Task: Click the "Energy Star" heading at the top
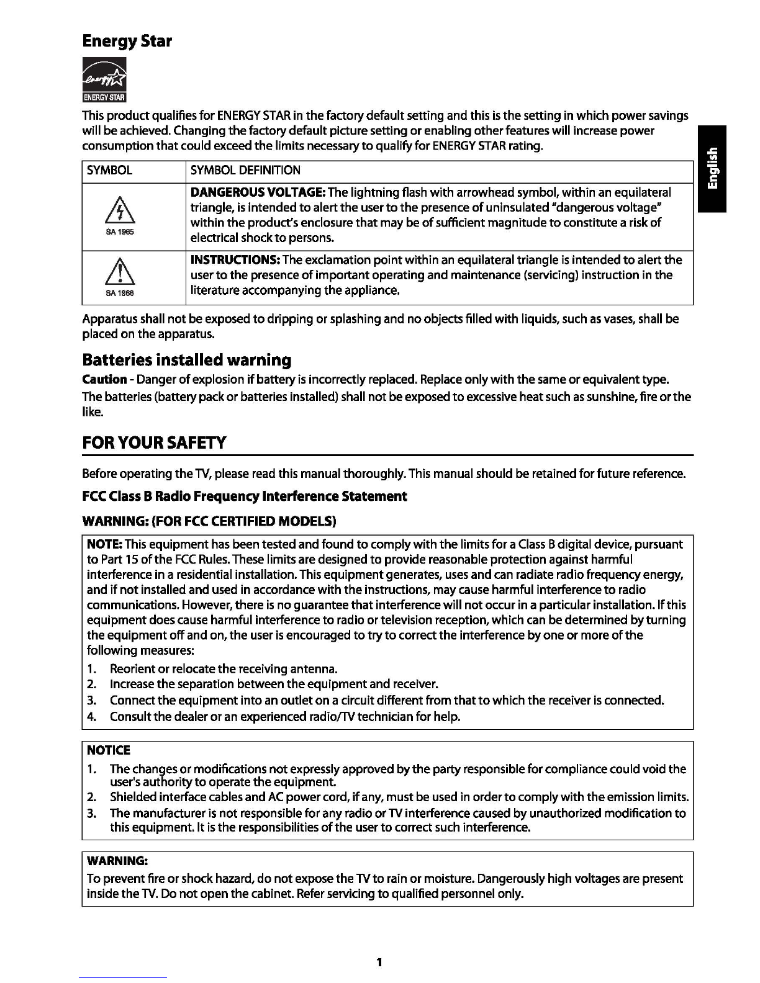[127, 42]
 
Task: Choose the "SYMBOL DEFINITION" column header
[245, 171]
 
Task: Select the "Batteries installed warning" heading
[186, 360]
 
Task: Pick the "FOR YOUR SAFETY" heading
[154, 443]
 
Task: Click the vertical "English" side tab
[712, 168]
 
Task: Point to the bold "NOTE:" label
[104, 545]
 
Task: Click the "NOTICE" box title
[109, 750]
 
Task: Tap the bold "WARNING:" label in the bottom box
[117, 861]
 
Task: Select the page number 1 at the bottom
[379, 963]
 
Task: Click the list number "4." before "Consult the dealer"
[91, 717]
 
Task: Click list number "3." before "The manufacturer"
[91, 813]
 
